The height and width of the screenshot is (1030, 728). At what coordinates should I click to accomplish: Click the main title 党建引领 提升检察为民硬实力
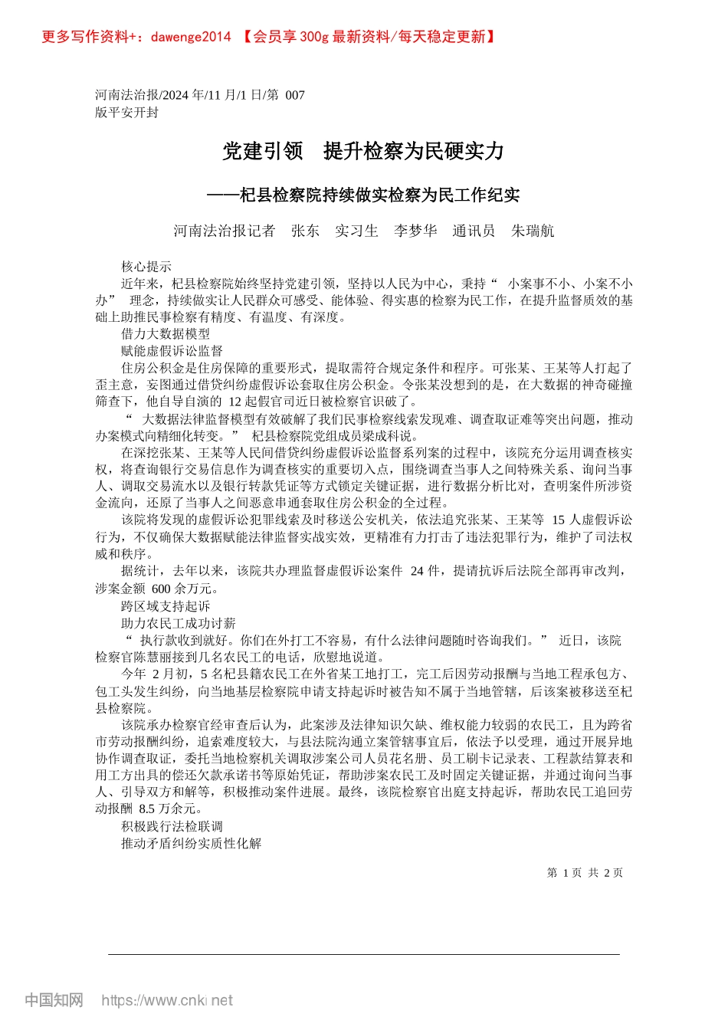(x=363, y=151)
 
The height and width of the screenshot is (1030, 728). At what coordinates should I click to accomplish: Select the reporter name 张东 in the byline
(x=305, y=231)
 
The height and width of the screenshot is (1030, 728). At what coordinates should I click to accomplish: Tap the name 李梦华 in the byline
(x=415, y=231)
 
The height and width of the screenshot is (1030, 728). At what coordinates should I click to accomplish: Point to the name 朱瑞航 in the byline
(x=533, y=231)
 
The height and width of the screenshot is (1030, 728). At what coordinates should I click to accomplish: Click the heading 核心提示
(x=146, y=267)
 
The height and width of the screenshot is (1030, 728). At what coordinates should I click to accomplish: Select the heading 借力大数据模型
(x=166, y=334)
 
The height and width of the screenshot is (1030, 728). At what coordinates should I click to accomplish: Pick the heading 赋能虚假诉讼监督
(x=172, y=351)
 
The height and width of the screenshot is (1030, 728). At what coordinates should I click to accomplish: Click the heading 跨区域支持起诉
(x=166, y=606)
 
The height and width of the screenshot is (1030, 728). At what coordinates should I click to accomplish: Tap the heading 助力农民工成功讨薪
(x=179, y=623)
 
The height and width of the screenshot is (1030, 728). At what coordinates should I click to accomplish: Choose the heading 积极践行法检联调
(x=172, y=826)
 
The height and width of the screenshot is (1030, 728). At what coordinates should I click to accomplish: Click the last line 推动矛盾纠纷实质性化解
(x=191, y=843)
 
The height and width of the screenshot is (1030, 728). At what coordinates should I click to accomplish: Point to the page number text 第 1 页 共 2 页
(x=585, y=873)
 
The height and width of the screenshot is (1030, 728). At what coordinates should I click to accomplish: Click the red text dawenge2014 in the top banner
(x=191, y=37)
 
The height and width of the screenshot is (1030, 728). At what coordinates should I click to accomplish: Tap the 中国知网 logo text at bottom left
(x=54, y=1000)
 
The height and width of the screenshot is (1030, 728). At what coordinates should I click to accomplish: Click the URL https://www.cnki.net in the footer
(x=167, y=1000)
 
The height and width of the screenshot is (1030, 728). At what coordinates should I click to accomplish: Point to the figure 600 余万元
(x=185, y=589)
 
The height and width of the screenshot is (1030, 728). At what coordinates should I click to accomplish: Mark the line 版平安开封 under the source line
(x=126, y=112)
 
